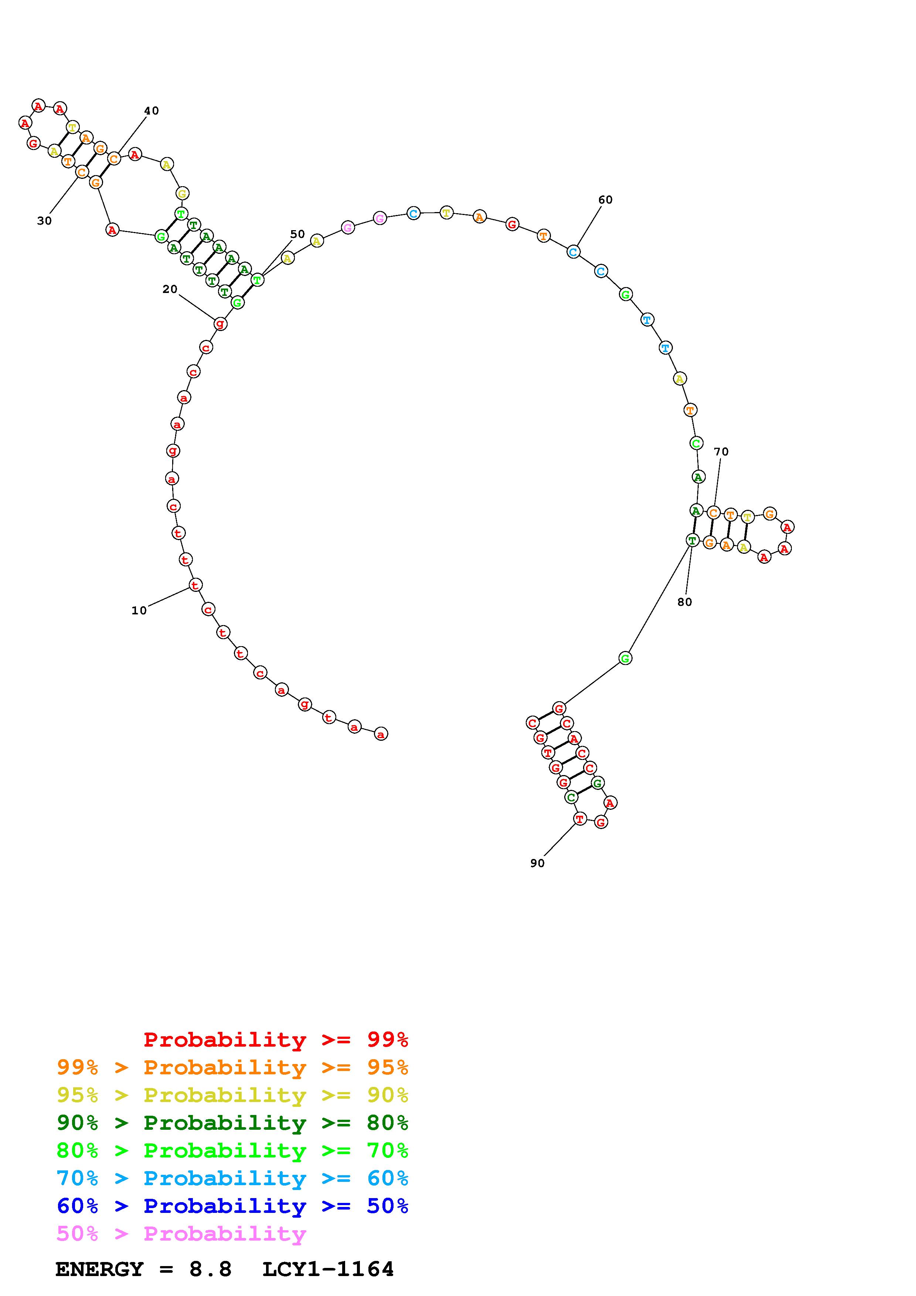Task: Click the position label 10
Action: pos(139,610)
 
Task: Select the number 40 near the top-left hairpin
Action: pos(151,110)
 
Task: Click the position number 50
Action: pos(297,234)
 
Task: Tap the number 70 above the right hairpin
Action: pos(721,451)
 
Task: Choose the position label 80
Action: pos(685,602)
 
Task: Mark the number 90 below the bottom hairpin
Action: pos(537,863)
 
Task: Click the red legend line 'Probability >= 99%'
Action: pos(276,1040)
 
